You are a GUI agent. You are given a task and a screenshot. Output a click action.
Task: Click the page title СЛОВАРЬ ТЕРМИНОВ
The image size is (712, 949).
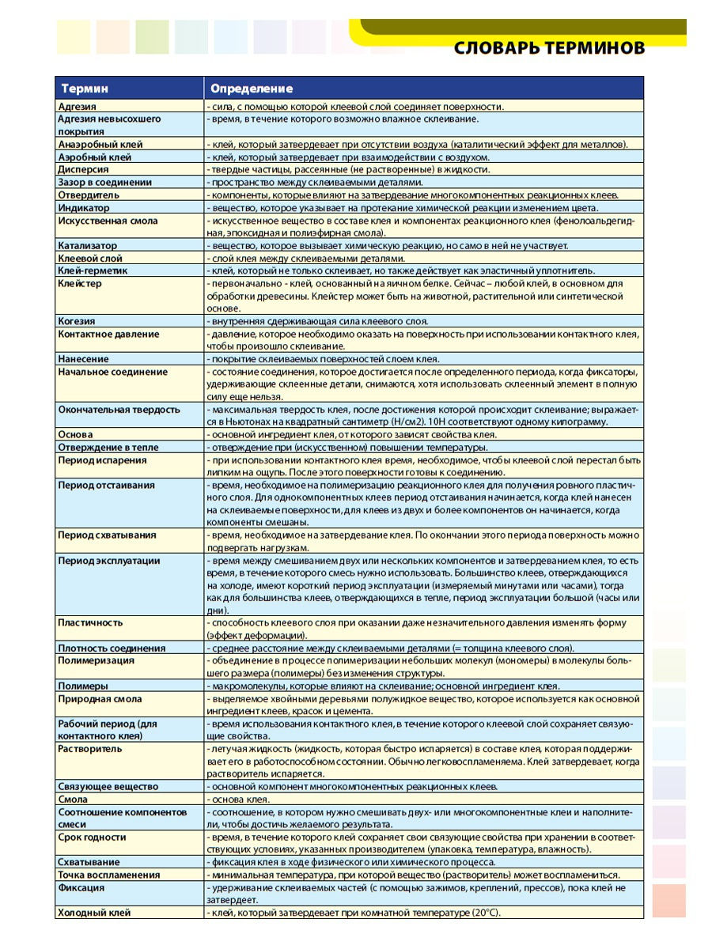tap(549, 48)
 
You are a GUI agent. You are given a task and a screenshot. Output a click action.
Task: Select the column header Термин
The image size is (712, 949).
tap(85, 89)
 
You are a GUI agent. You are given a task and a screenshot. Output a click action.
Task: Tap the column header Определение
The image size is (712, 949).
tap(251, 89)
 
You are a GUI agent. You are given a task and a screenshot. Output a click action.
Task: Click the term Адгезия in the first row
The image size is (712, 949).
tap(78, 106)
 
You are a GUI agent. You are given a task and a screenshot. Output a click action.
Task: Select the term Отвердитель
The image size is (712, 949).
tap(89, 195)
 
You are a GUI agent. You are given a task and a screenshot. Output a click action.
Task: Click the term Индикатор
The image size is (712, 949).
tap(83, 207)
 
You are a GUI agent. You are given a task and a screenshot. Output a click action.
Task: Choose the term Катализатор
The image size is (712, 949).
tap(87, 246)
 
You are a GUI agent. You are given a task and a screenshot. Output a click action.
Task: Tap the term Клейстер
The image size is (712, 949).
tap(80, 283)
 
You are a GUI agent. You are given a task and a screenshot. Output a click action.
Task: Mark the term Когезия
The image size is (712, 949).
tap(77, 321)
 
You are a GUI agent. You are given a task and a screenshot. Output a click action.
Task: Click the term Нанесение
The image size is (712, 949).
tap(83, 359)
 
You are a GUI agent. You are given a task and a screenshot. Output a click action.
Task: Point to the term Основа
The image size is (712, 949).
tap(75, 434)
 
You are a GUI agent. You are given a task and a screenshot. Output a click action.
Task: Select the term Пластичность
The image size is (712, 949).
tap(90, 622)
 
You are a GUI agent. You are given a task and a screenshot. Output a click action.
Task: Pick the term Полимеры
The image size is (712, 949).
tap(83, 686)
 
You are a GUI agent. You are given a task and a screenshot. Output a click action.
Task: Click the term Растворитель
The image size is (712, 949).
tap(89, 748)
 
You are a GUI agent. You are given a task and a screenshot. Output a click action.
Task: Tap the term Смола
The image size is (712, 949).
tap(73, 799)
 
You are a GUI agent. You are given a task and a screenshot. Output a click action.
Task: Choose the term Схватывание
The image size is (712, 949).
tap(89, 862)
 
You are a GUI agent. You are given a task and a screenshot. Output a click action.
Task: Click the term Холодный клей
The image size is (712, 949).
tap(94, 913)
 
